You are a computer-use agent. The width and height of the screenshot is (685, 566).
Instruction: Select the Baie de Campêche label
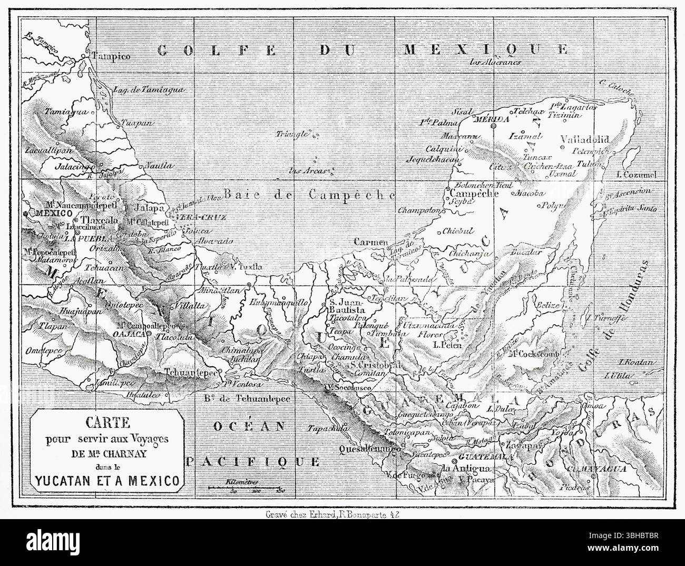point(309,194)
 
